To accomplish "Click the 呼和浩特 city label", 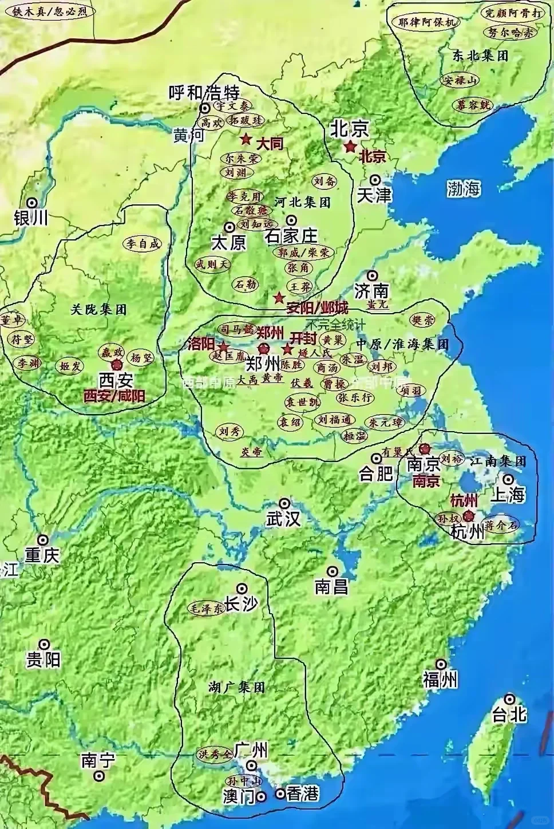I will (204, 92).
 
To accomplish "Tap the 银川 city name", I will (31, 218).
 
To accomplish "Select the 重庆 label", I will (42, 555).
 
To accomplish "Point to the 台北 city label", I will (509, 714).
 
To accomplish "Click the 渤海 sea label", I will (464, 188).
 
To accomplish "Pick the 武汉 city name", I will (283, 519).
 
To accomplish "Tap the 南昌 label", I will (332, 587).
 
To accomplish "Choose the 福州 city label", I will (440, 680).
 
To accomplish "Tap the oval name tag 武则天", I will (212, 265).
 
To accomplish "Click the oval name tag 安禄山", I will (458, 81).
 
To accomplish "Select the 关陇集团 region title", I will (98, 310).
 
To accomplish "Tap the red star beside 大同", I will (246, 139).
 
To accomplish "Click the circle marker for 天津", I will (375, 178).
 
